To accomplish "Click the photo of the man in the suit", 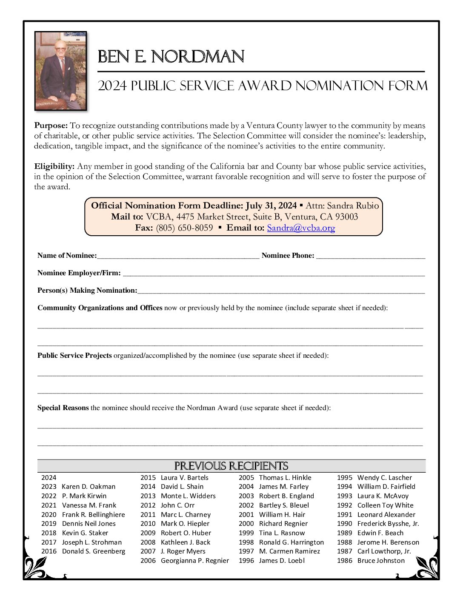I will (60, 71).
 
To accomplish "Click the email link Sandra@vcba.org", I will (301, 228).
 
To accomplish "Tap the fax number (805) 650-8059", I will (184, 228).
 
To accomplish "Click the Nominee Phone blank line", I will (371, 256).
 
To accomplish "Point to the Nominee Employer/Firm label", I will (79, 273).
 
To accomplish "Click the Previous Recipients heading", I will (231, 466).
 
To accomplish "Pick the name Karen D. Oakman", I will (89, 487).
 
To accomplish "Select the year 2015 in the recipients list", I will (148, 478).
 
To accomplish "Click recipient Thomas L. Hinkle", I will (285, 478).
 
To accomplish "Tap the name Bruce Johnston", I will (381, 561).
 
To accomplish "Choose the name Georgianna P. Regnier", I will (194, 561).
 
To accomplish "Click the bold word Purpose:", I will (51, 126).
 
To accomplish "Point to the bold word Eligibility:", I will (54, 166).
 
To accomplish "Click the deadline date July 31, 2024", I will (271, 206).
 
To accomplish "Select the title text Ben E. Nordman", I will (171, 57).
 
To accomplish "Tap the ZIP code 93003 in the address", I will (346, 217).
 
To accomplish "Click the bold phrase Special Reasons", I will (63, 408).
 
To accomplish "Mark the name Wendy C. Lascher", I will (385, 478).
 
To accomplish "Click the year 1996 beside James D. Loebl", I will (246, 561).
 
